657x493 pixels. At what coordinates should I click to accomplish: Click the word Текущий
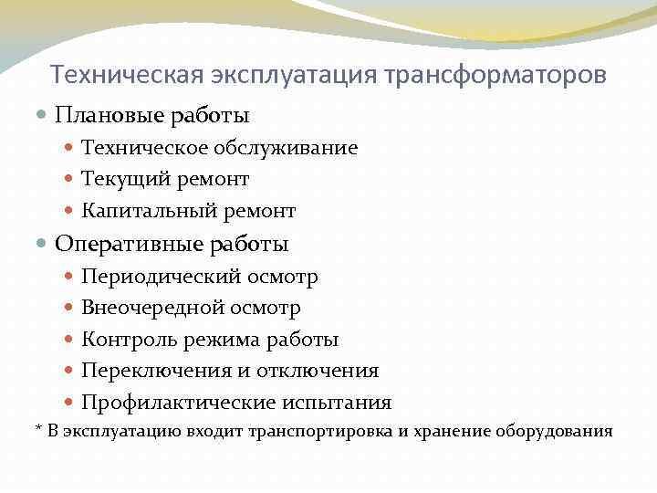point(118,180)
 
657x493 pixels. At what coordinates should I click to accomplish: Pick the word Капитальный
point(140,212)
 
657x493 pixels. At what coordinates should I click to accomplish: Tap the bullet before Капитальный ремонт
point(70,212)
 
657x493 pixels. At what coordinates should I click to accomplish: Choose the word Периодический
point(149,277)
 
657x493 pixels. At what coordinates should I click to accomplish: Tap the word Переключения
point(144,372)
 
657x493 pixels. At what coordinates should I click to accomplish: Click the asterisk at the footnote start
point(38,428)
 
